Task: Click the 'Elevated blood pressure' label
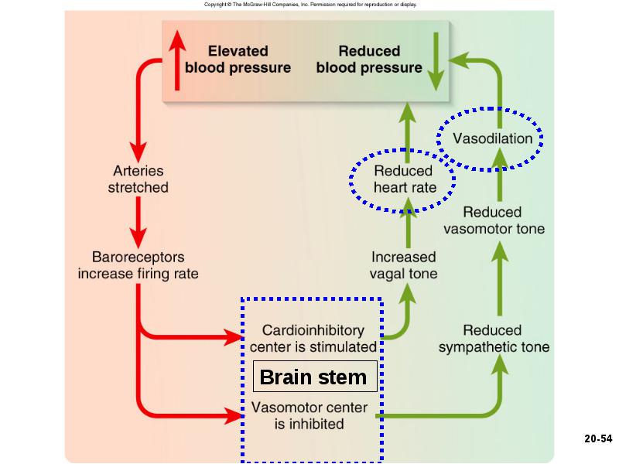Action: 238,60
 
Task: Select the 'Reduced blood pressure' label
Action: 369,60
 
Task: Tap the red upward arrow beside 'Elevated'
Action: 177,60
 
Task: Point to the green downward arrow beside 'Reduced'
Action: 436,62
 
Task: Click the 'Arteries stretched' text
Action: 139,179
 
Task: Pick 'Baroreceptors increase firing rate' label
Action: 139,265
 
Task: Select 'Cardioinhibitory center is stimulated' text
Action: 313,339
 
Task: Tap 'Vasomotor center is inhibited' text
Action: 309,415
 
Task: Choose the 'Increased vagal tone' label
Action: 403,265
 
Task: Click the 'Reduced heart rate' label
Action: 404,179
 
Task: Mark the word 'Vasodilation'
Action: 493,138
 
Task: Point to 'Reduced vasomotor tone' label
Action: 494,220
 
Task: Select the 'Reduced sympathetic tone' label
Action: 494,339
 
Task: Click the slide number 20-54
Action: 598,438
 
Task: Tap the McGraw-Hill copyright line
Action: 310,5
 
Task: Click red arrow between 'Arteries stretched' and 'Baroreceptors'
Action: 139,223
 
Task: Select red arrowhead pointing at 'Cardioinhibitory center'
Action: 233,337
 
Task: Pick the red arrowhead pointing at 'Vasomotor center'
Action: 233,415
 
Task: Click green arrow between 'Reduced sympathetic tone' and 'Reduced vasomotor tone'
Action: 500,278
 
